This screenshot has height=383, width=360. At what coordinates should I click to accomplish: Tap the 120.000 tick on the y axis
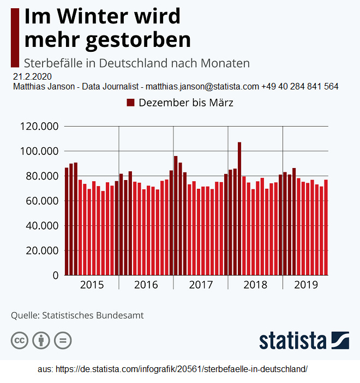[39, 126]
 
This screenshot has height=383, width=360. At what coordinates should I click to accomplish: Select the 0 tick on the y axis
[55, 275]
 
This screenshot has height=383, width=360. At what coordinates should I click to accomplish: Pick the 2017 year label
[201, 285]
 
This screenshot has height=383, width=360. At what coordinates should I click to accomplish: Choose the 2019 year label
[305, 285]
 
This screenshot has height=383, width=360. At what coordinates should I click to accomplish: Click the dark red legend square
[130, 103]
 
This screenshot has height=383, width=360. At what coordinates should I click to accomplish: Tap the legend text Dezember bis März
[186, 103]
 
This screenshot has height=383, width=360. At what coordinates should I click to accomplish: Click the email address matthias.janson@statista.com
[202, 86]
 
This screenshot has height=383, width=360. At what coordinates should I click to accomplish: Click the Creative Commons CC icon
[20, 340]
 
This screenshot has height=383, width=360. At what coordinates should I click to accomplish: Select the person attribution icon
[41, 340]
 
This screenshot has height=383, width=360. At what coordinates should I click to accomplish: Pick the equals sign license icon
[62, 340]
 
